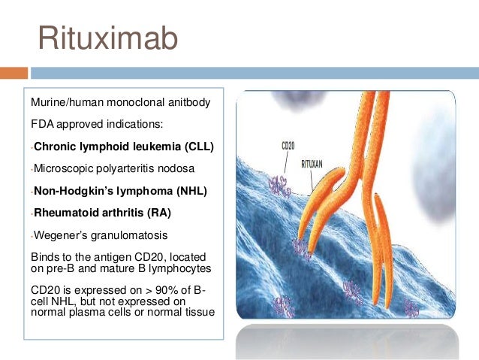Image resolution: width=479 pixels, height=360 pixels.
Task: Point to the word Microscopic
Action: coord(61,169)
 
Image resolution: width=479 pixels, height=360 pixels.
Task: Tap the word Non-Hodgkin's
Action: coord(71,191)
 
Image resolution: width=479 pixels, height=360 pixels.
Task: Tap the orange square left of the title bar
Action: coord(14,74)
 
